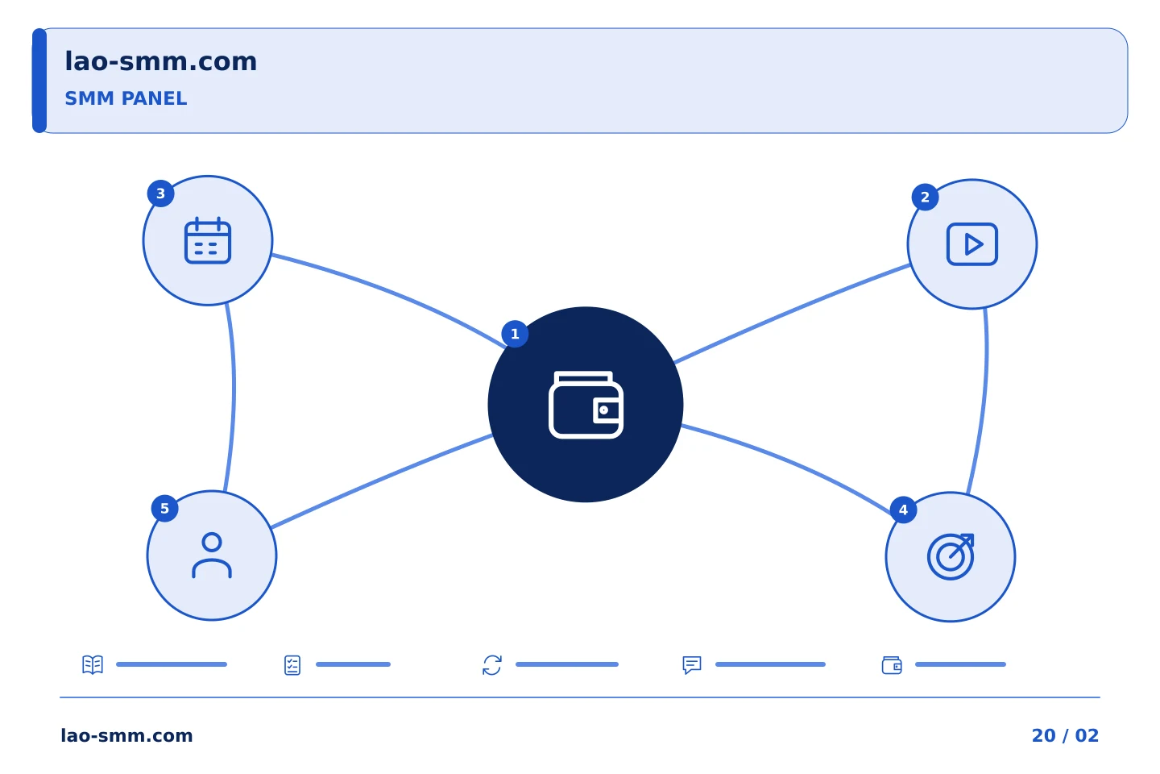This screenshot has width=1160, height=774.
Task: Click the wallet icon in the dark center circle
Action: click(x=586, y=405)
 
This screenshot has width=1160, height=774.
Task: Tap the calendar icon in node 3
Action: click(x=208, y=240)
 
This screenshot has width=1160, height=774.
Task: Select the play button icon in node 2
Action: click(x=972, y=244)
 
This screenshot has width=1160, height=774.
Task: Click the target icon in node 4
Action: click(x=951, y=556)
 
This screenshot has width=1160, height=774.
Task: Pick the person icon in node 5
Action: click(x=212, y=556)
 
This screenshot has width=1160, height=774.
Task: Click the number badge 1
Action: click(x=515, y=334)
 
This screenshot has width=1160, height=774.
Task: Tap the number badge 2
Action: click(x=925, y=197)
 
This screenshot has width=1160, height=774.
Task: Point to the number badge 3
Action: click(x=160, y=193)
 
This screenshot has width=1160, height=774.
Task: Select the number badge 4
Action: click(x=903, y=510)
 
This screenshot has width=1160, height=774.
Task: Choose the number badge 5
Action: click(x=164, y=508)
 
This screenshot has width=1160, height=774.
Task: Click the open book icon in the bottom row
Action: click(x=93, y=664)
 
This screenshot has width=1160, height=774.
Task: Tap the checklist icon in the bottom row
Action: click(x=292, y=665)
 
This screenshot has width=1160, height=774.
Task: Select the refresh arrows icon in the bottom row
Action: click(x=492, y=665)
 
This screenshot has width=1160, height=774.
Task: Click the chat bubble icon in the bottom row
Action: click(x=692, y=665)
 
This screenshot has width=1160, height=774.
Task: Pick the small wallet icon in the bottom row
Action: click(x=892, y=665)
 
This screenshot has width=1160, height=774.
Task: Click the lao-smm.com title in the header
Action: click(x=160, y=61)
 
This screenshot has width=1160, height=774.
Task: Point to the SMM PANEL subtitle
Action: click(x=126, y=98)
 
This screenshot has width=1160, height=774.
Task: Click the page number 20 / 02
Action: click(x=1065, y=735)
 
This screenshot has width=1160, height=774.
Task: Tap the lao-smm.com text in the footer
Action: click(x=127, y=735)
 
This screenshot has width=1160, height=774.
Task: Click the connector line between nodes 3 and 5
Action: click(x=234, y=397)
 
